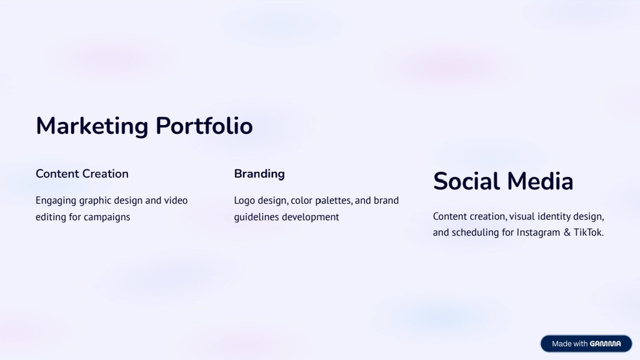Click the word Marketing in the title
pos(92,126)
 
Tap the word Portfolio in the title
pos(204,125)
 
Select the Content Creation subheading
pos(82,174)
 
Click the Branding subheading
pos(259,174)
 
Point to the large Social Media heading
pos(503,181)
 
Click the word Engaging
pos(56,201)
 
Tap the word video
pos(176,201)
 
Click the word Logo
pos(244,201)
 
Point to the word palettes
pos(334,201)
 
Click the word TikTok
pos(589,232)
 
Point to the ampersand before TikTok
pos(567,232)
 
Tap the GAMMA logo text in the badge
pos(605,344)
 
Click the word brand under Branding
pos(386,201)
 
